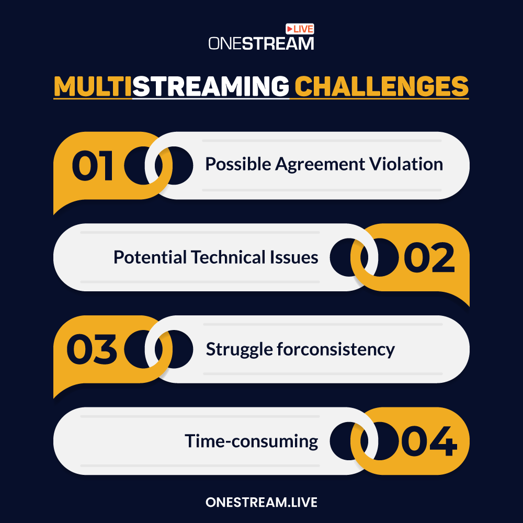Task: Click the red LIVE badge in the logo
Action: pos(300,29)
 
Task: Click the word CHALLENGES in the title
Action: pos(382,86)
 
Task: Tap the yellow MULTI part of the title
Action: pos(93,86)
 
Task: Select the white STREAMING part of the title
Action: pos(211,86)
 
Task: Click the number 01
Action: pos(93,165)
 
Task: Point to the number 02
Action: pos(429,257)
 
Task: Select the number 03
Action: pos(92,349)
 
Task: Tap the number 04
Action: pos(429,441)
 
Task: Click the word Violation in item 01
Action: pos(406,164)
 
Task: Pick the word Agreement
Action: pos(320,165)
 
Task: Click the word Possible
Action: pos(238,164)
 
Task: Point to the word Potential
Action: pos(150,257)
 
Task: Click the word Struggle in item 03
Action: pos(240,349)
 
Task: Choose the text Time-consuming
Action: pos(252,441)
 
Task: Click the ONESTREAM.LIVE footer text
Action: pos(261,502)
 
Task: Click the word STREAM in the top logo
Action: pos(278,43)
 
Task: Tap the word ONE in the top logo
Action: pos(225,43)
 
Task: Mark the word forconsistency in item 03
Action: pos(336,349)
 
